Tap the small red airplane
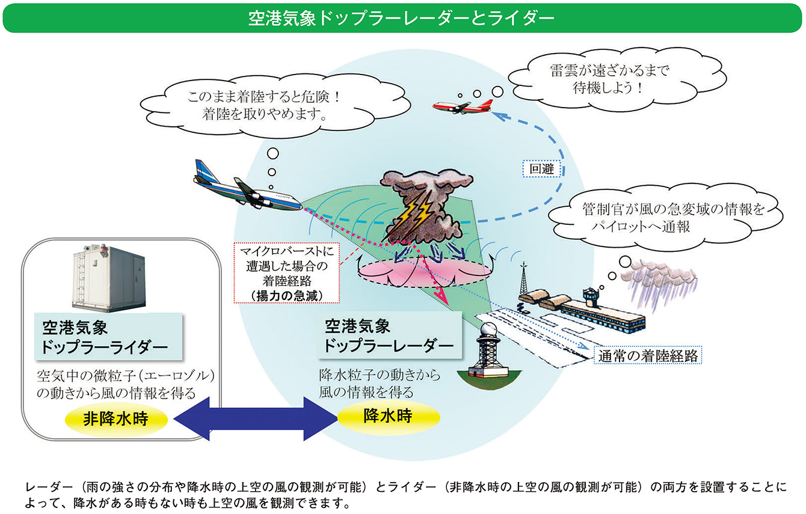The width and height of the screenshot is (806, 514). click(x=461, y=106)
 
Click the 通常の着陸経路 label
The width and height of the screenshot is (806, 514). click(x=647, y=355)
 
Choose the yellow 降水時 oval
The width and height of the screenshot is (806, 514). click(x=388, y=415)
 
